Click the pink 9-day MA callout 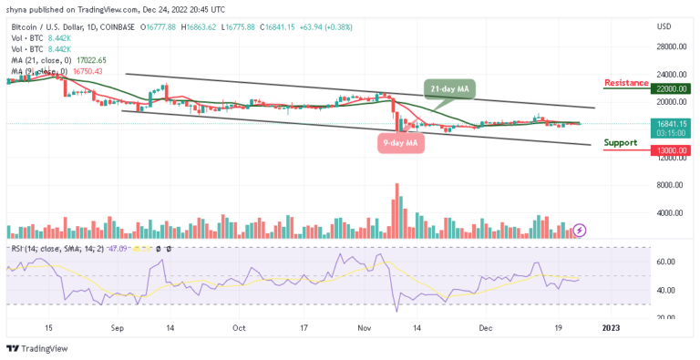[400, 142]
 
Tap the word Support [620, 142]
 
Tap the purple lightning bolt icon [580, 231]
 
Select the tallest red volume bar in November [396, 211]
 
